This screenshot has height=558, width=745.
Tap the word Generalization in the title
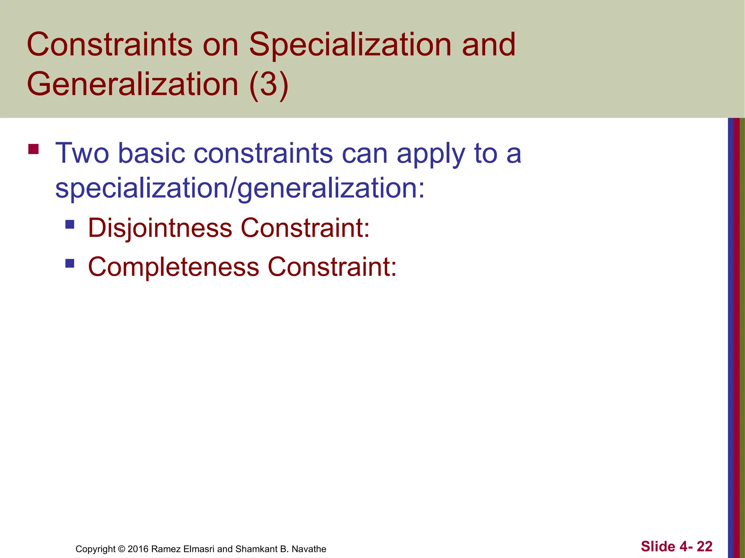[132, 84]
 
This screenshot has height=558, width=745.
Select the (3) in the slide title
[269, 84]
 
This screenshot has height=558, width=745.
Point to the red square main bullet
[33, 149]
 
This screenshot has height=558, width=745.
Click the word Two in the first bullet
[82, 153]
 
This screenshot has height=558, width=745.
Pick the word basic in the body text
[152, 153]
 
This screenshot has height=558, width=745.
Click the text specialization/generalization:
[240, 188]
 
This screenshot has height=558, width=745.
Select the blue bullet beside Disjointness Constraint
[70, 224]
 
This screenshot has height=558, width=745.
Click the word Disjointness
[160, 228]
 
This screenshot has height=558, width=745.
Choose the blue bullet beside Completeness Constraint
[70, 263]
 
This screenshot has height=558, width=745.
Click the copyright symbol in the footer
[121, 549]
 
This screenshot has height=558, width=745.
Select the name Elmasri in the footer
[199, 549]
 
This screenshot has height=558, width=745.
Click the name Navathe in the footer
[309, 549]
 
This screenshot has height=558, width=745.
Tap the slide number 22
[704, 546]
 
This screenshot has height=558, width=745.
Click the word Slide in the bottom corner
[658, 546]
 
